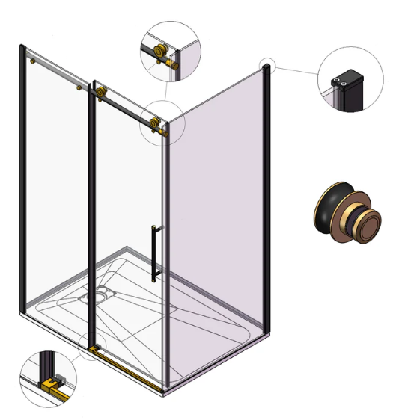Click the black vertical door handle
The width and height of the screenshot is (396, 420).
[x=156, y=251]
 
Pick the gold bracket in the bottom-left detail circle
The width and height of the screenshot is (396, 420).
[x=52, y=387]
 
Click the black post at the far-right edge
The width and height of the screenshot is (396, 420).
[x=266, y=194]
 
